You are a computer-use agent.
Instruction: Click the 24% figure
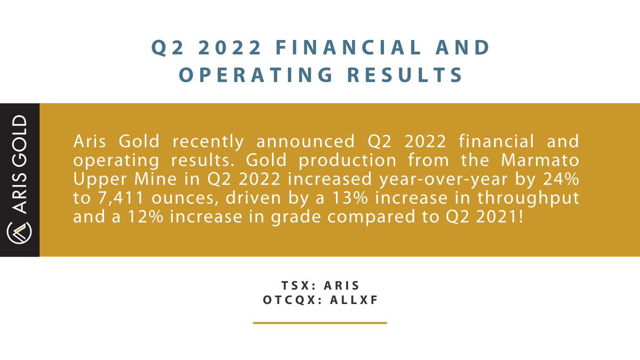564,179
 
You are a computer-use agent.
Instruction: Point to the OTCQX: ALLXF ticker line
320,300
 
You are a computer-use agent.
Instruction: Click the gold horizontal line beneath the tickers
320,323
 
